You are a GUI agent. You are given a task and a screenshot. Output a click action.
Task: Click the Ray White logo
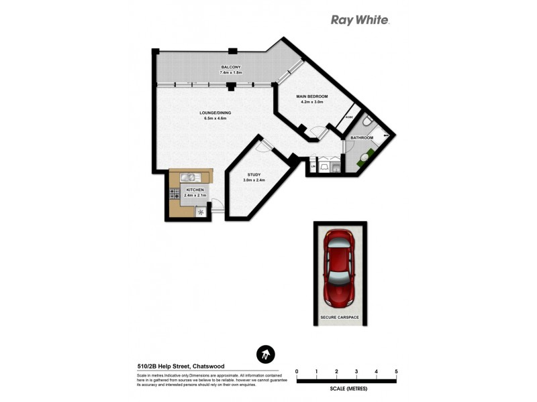point(360,19)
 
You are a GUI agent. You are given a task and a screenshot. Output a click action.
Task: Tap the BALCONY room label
point(231,68)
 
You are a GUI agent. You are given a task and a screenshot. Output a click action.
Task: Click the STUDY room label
point(253,175)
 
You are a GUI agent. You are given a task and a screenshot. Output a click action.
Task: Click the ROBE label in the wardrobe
point(348,117)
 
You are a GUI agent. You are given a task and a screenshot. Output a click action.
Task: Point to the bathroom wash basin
point(364,158)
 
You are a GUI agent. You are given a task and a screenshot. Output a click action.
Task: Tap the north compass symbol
point(266,354)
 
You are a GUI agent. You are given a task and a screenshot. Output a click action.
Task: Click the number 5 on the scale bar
point(396,371)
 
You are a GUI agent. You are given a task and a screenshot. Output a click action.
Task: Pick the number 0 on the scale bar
point(297,371)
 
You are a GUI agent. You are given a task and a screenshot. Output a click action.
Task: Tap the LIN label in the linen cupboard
point(313,165)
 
